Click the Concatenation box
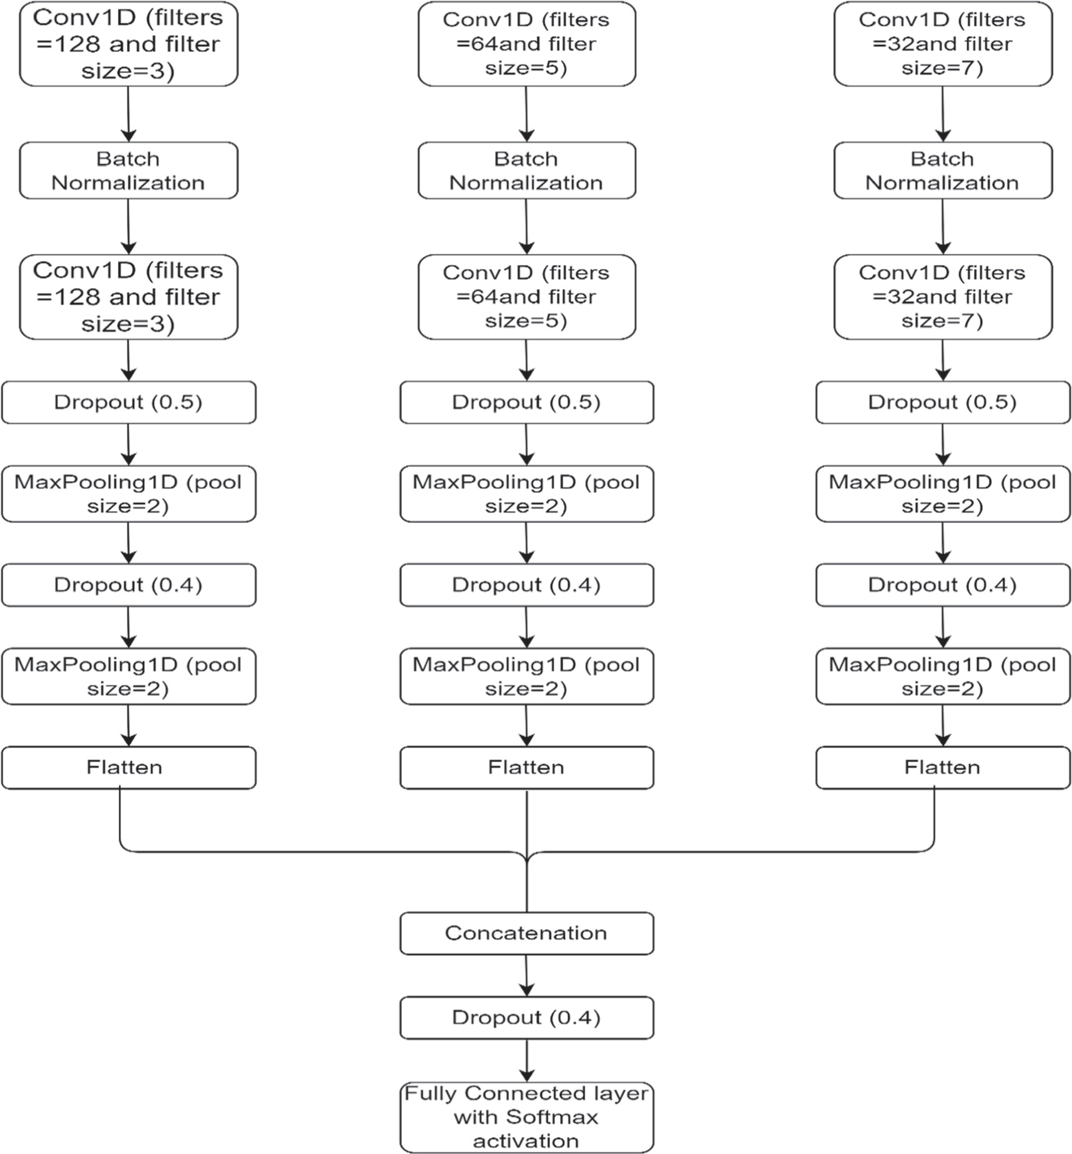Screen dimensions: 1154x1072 click(526, 933)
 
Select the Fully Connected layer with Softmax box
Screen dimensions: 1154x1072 click(526, 1117)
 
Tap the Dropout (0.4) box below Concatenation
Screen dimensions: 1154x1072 click(526, 1018)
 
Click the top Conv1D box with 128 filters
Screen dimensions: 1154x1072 click(128, 44)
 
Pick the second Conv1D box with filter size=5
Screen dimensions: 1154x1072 click(526, 297)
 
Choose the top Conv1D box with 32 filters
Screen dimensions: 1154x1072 click(943, 44)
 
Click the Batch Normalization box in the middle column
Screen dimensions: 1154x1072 click(526, 171)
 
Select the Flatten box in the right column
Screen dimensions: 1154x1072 click(943, 767)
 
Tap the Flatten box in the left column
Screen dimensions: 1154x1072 click(128, 767)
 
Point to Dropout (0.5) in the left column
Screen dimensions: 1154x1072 click(128, 402)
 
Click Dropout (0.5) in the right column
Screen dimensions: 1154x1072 click(943, 402)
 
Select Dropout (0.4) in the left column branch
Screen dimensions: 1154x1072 click(128, 585)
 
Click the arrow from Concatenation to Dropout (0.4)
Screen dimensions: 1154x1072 click(526, 975)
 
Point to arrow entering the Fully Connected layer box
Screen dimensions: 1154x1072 click(526, 1060)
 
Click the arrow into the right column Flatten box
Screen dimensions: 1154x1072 click(943, 725)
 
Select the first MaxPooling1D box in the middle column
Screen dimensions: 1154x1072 click(526, 494)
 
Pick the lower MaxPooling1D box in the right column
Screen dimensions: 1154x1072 click(943, 676)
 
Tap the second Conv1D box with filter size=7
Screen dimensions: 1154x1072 click(943, 297)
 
